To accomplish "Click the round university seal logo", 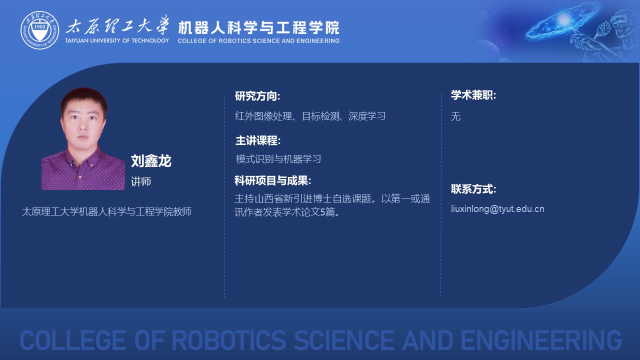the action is pyautogui.click(x=39, y=30).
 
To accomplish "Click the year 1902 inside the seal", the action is pyautogui.click(x=39, y=27).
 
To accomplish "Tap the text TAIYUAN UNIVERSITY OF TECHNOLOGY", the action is pyautogui.click(x=117, y=40).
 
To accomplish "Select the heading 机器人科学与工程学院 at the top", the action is pyautogui.click(x=258, y=27).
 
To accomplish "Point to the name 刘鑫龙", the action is pyautogui.click(x=151, y=161).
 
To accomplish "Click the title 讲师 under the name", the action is pyautogui.click(x=141, y=181).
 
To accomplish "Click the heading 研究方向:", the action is pyautogui.click(x=257, y=96).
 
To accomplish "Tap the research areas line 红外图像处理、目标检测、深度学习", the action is pyautogui.click(x=310, y=116).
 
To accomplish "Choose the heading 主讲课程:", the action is pyautogui.click(x=258, y=140).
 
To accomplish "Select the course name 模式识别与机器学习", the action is pyautogui.click(x=278, y=159).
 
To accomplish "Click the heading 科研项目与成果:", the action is pyautogui.click(x=272, y=180).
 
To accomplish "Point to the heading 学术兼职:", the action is pyautogui.click(x=473, y=95).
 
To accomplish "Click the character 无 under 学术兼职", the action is pyautogui.click(x=455, y=116).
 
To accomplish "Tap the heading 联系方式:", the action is pyautogui.click(x=473, y=189).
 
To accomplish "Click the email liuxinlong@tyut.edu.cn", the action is pyautogui.click(x=497, y=209).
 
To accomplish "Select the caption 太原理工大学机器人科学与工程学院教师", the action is pyautogui.click(x=106, y=211).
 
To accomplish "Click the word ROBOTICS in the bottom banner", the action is pyautogui.click(x=228, y=340).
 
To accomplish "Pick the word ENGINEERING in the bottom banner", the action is pyautogui.click(x=541, y=340).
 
